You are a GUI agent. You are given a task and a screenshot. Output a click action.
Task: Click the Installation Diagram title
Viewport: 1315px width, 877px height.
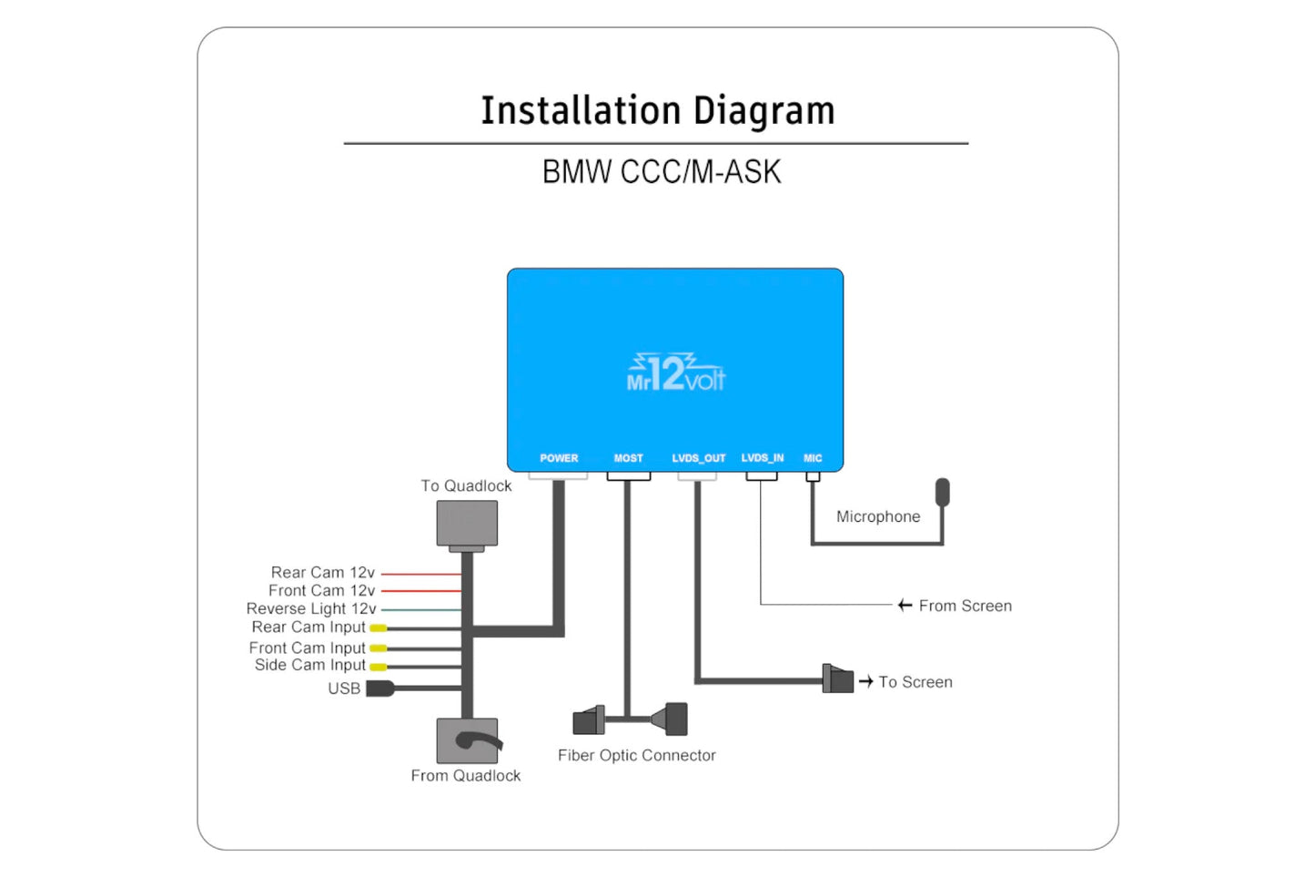tap(657, 110)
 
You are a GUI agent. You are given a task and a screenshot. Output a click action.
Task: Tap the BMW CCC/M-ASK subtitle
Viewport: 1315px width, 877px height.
tap(662, 172)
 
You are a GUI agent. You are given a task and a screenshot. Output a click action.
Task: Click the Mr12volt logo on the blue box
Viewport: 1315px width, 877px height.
tap(675, 373)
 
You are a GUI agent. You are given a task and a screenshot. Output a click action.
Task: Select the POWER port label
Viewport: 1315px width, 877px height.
tap(559, 458)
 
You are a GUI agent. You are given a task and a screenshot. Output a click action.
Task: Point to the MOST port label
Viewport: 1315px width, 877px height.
tap(628, 458)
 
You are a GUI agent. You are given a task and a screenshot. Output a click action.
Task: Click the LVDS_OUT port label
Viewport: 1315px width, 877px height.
tap(698, 458)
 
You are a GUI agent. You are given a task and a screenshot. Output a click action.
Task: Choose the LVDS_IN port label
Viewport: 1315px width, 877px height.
tap(762, 458)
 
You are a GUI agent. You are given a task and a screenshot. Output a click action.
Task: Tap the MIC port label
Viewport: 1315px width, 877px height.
tap(813, 458)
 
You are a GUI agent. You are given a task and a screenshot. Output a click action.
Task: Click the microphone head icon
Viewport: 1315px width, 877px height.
tap(942, 492)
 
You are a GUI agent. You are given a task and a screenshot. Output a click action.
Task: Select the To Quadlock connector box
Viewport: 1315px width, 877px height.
tap(467, 524)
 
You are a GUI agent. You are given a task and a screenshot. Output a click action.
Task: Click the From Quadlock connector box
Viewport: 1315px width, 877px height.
tap(467, 740)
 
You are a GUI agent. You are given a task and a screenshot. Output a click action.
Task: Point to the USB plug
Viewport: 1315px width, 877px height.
tap(379, 688)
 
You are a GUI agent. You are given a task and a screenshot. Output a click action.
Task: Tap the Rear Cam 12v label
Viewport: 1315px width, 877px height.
tap(322, 573)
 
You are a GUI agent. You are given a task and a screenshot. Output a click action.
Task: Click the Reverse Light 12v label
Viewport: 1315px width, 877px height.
tap(310, 608)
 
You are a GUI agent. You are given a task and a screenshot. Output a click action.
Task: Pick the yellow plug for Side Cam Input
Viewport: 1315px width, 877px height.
tap(378, 667)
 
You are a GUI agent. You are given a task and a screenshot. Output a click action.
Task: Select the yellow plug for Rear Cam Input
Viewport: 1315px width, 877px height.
tap(378, 628)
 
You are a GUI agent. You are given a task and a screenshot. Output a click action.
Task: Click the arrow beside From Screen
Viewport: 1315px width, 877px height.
tap(905, 606)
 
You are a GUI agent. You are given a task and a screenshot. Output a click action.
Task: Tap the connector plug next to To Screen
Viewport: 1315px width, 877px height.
tap(838, 679)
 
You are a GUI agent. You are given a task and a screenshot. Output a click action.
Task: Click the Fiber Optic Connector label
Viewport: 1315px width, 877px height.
tap(636, 755)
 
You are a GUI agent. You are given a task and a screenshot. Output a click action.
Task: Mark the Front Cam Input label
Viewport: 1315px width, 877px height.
tap(307, 648)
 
